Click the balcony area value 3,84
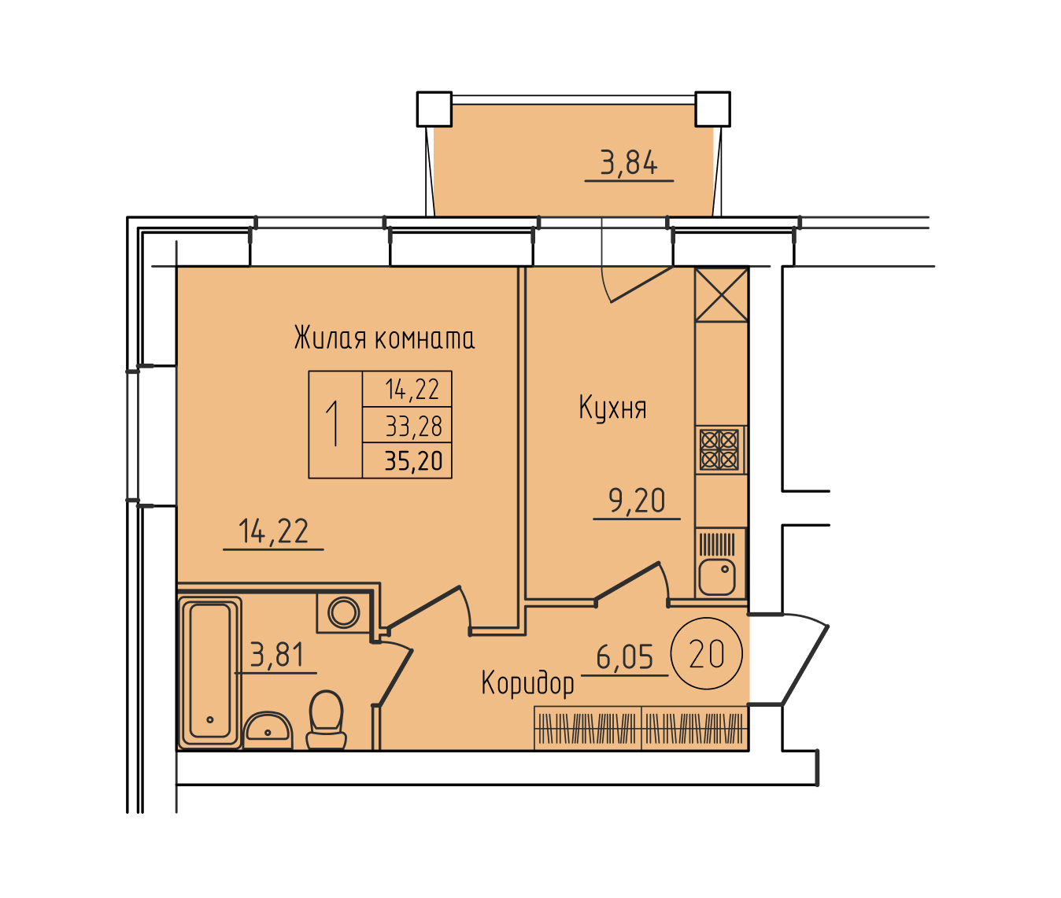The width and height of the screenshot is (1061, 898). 629,162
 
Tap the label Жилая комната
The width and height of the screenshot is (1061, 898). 384,338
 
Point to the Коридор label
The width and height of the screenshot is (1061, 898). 527,683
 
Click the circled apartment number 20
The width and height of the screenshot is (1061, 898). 707,654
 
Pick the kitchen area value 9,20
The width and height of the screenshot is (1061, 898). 637,501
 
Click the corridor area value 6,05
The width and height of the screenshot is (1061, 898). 625,656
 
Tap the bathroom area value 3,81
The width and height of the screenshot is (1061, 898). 277,655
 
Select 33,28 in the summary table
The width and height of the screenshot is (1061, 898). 414,426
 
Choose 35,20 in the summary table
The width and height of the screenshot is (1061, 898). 414,460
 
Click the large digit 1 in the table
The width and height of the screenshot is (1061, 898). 333,424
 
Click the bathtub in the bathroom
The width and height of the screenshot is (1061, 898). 210,671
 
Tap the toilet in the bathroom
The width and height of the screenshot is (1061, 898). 327,719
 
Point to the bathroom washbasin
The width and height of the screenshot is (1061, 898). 268,730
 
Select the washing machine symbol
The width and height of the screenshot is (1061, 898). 343,612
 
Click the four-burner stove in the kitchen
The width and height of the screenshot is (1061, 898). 719,450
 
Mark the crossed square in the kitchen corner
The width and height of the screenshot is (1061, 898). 721,295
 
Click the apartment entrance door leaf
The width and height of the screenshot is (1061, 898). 805,664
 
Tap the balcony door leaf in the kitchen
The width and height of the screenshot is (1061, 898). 641,284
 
